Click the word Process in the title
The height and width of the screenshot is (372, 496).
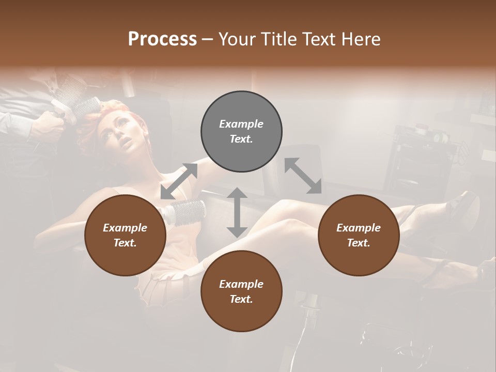pos(162,39)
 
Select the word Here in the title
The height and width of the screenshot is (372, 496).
pos(360,39)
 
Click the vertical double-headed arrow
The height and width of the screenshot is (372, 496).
pos(237,212)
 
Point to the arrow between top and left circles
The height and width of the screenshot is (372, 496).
pos(179,181)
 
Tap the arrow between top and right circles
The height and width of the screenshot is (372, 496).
pos(303,176)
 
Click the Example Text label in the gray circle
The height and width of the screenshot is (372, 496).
pos(241,131)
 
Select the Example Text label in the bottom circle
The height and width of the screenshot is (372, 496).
pos(241,291)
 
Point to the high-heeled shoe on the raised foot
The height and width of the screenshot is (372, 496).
pos(462,207)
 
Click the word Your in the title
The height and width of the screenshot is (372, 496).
pos(237,39)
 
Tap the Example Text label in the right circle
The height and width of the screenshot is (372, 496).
pos(359,235)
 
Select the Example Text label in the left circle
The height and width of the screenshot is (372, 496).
pos(125,235)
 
